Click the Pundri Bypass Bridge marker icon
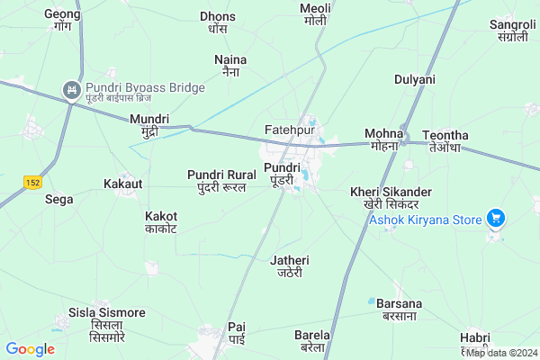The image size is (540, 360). pyautogui.click(x=69, y=89)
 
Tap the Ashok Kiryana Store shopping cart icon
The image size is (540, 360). pyautogui.click(x=494, y=218)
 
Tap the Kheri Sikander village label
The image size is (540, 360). pyautogui.click(x=391, y=198)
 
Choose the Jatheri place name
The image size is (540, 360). pyautogui.click(x=290, y=266)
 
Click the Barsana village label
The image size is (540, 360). pyautogui.click(x=399, y=310)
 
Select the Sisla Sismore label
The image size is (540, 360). pyautogui.click(x=106, y=319)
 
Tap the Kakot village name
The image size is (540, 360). pyautogui.click(x=161, y=222)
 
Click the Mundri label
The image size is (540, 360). pyautogui.click(x=149, y=125)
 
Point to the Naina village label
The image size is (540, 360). pyautogui.click(x=230, y=65)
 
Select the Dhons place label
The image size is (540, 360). pyautogui.click(x=217, y=22)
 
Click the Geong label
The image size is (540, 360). pyautogui.click(x=62, y=21)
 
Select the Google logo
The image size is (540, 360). pyautogui.click(x=31, y=349)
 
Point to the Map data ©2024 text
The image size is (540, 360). pyautogui.click(x=500, y=353)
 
